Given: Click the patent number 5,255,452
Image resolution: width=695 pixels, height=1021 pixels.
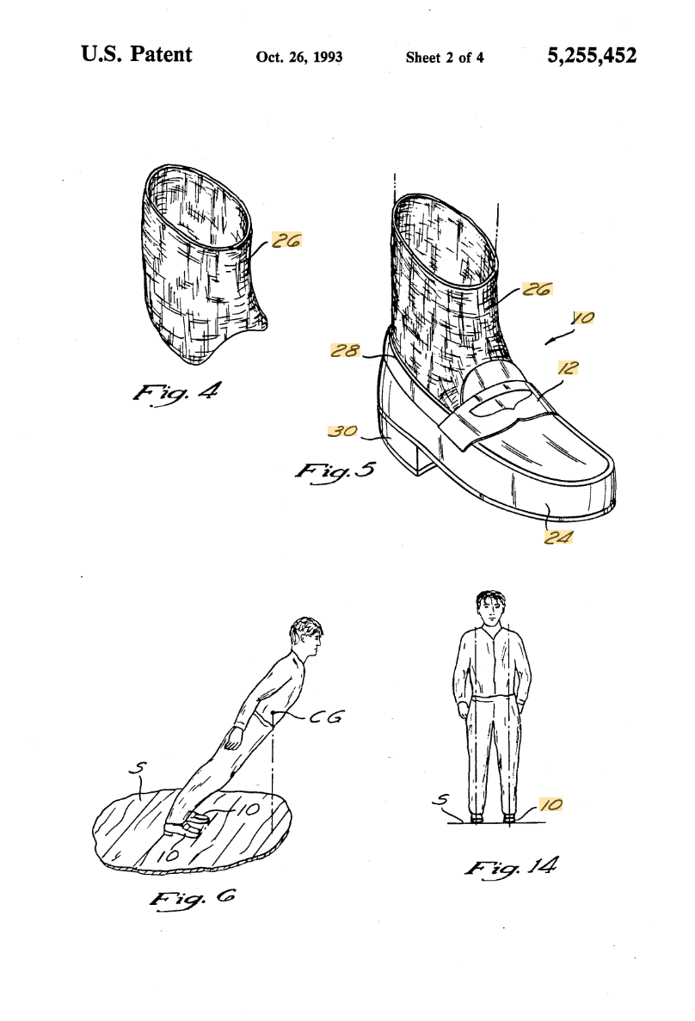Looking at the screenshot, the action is tap(592, 56).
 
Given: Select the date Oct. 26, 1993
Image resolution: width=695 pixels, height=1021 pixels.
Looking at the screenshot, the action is tap(299, 58).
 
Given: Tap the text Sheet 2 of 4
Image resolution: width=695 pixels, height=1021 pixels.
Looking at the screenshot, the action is tap(445, 58).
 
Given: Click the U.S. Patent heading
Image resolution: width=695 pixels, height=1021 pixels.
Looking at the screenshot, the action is tap(137, 54).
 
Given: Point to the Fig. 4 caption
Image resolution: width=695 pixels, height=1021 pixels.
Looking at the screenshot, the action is tap(176, 392).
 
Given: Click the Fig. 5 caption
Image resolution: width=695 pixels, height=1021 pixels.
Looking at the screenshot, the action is tap(335, 471).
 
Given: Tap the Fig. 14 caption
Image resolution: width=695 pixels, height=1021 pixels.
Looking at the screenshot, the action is tap(511, 867).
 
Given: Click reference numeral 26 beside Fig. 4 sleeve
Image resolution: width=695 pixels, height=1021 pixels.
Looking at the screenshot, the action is tap(286, 240).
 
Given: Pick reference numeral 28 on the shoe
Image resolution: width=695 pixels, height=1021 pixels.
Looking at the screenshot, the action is tap(345, 351).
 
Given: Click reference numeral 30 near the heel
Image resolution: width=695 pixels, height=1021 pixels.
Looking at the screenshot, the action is tap(342, 431).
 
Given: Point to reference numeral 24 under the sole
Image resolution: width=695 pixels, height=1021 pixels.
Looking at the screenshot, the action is tap(558, 537).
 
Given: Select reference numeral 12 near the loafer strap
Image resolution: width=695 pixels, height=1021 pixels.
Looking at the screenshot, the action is tap(568, 368).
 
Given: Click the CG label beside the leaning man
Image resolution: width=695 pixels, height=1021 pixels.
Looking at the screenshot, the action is tap(326, 717).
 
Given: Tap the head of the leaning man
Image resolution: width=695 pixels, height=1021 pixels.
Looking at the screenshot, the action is tap(305, 637).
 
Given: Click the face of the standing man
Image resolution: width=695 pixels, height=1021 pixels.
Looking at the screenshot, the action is tap(490, 611).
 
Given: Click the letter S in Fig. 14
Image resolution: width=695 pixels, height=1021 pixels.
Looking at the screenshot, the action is tap(441, 802).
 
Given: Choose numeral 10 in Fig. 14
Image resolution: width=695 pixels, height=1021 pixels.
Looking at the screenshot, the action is tap(551, 805).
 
